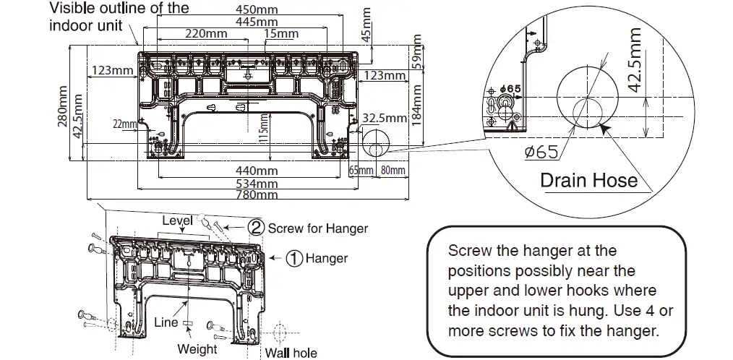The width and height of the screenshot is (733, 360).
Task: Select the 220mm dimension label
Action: pyautogui.click(x=207, y=34)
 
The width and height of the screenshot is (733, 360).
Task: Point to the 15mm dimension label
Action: pyautogui.click(x=281, y=34)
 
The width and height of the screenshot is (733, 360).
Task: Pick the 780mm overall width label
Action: pyautogui.click(x=257, y=194)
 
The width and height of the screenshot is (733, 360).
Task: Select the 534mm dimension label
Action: pyautogui.click(x=257, y=183)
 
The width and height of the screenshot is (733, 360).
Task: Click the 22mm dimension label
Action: pyautogui.click(x=124, y=125)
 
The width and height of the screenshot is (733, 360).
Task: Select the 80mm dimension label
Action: pyautogui.click(x=393, y=171)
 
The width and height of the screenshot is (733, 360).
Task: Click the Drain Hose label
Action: pyautogui.click(x=589, y=180)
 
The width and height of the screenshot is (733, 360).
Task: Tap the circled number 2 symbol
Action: pyautogui.click(x=256, y=228)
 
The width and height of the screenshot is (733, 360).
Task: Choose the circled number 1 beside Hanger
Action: pyautogui.click(x=294, y=258)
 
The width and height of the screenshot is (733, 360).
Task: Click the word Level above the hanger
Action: pyautogui.click(x=177, y=220)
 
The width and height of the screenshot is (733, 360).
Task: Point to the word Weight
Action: pyautogui.click(x=197, y=349)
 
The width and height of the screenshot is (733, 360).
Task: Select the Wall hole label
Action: pyautogui.click(x=291, y=353)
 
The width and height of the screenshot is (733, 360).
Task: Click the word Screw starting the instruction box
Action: pyautogui.click(x=468, y=251)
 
